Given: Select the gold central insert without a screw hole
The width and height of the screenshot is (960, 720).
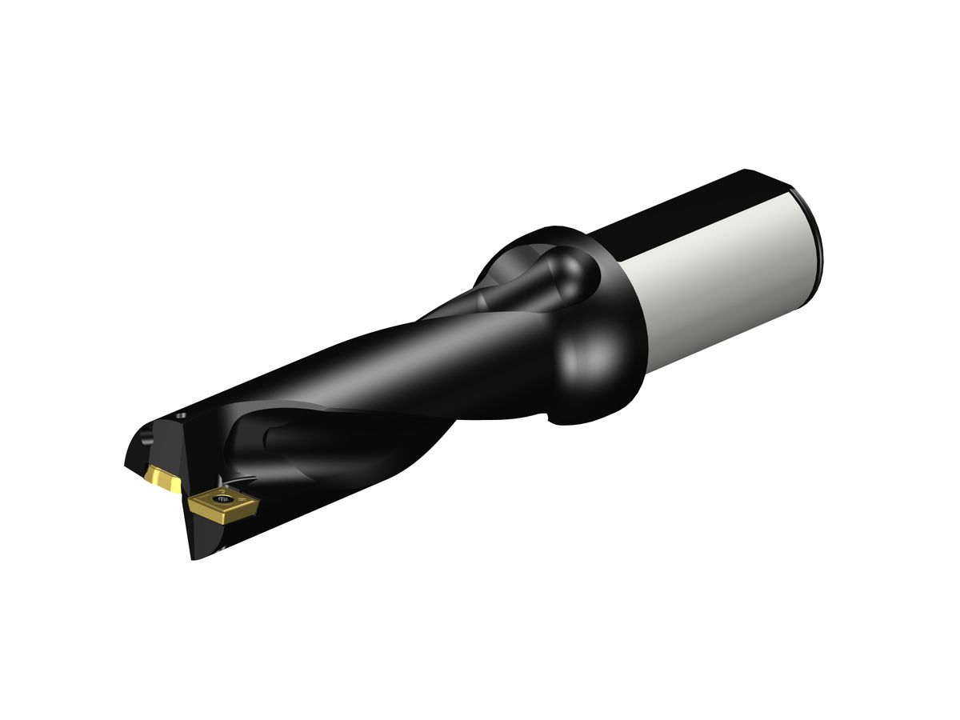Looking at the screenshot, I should tap(162, 481).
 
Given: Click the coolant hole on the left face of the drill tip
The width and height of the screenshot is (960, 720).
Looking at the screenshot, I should tap(146, 440).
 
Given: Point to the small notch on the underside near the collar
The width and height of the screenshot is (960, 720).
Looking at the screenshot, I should tap(548, 418).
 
